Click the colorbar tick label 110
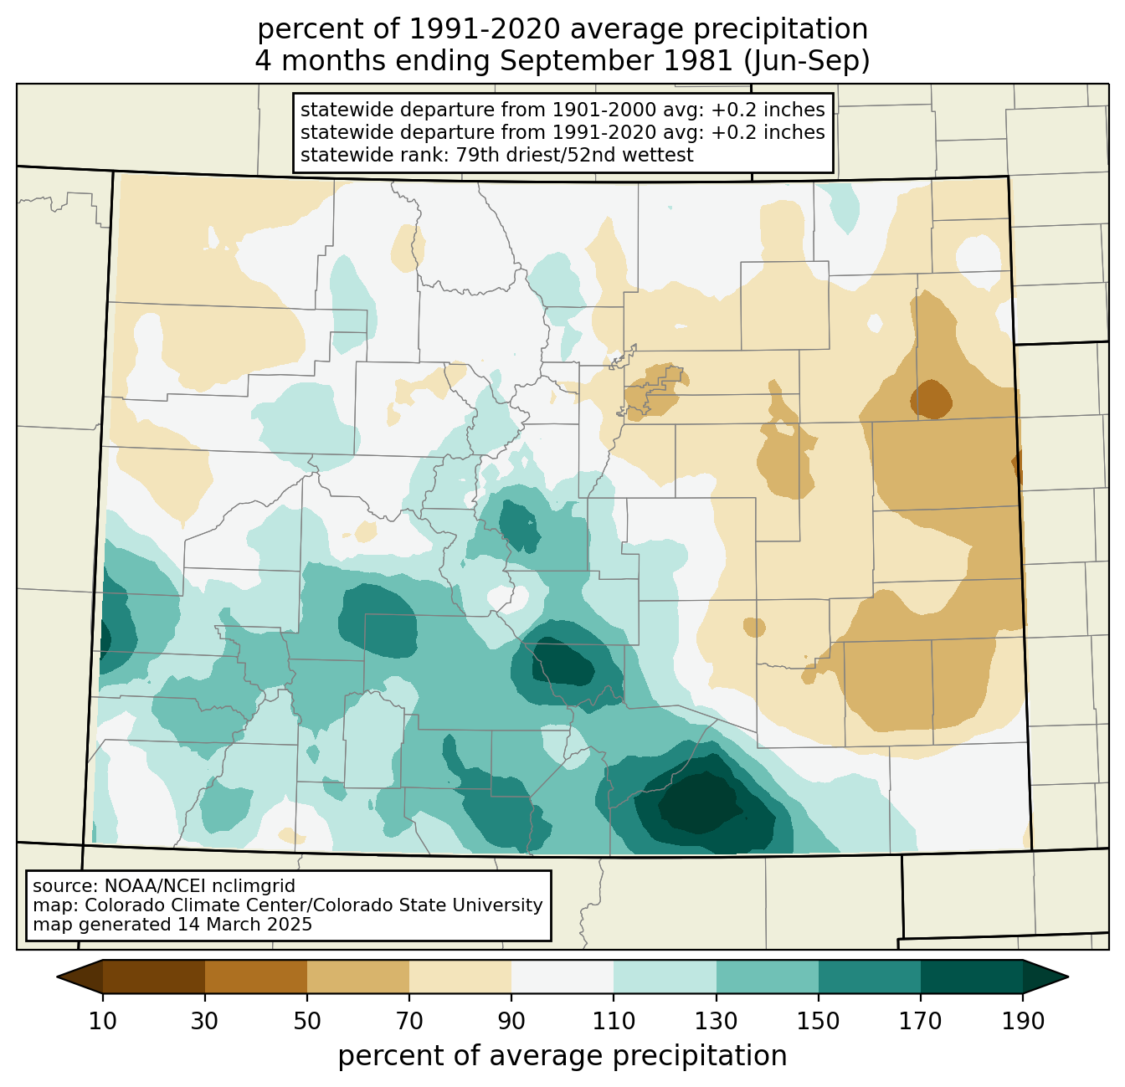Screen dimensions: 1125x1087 point(614,1021)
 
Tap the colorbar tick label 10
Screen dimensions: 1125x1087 point(102,1021)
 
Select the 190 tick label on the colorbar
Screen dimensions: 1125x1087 point(1023,1021)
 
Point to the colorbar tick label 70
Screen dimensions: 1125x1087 point(408,1021)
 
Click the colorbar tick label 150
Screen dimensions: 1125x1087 point(818,1021)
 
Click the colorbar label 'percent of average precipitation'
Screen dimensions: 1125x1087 point(562,1056)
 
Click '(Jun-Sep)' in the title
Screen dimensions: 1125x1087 point(806,61)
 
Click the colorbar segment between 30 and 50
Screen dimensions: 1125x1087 point(255,977)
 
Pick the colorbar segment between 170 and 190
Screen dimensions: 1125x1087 point(971,977)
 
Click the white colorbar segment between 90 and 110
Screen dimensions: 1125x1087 point(562,977)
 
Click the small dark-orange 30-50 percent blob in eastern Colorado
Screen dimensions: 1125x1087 point(931,399)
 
